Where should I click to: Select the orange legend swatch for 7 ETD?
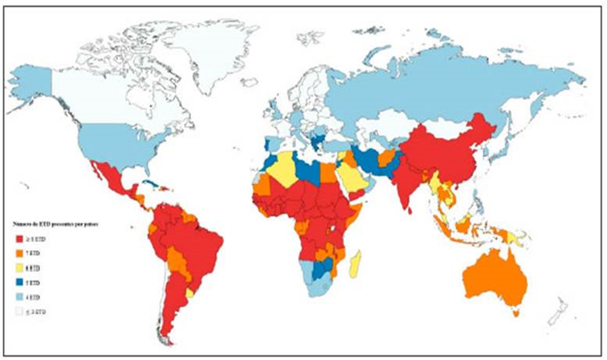tap(19, 253)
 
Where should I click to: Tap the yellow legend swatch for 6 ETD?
tap(19, 268)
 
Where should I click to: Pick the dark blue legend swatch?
tap(19, 282)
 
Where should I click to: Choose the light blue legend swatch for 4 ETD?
tap(19, 297)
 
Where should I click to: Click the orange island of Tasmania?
tap(516, 312)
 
